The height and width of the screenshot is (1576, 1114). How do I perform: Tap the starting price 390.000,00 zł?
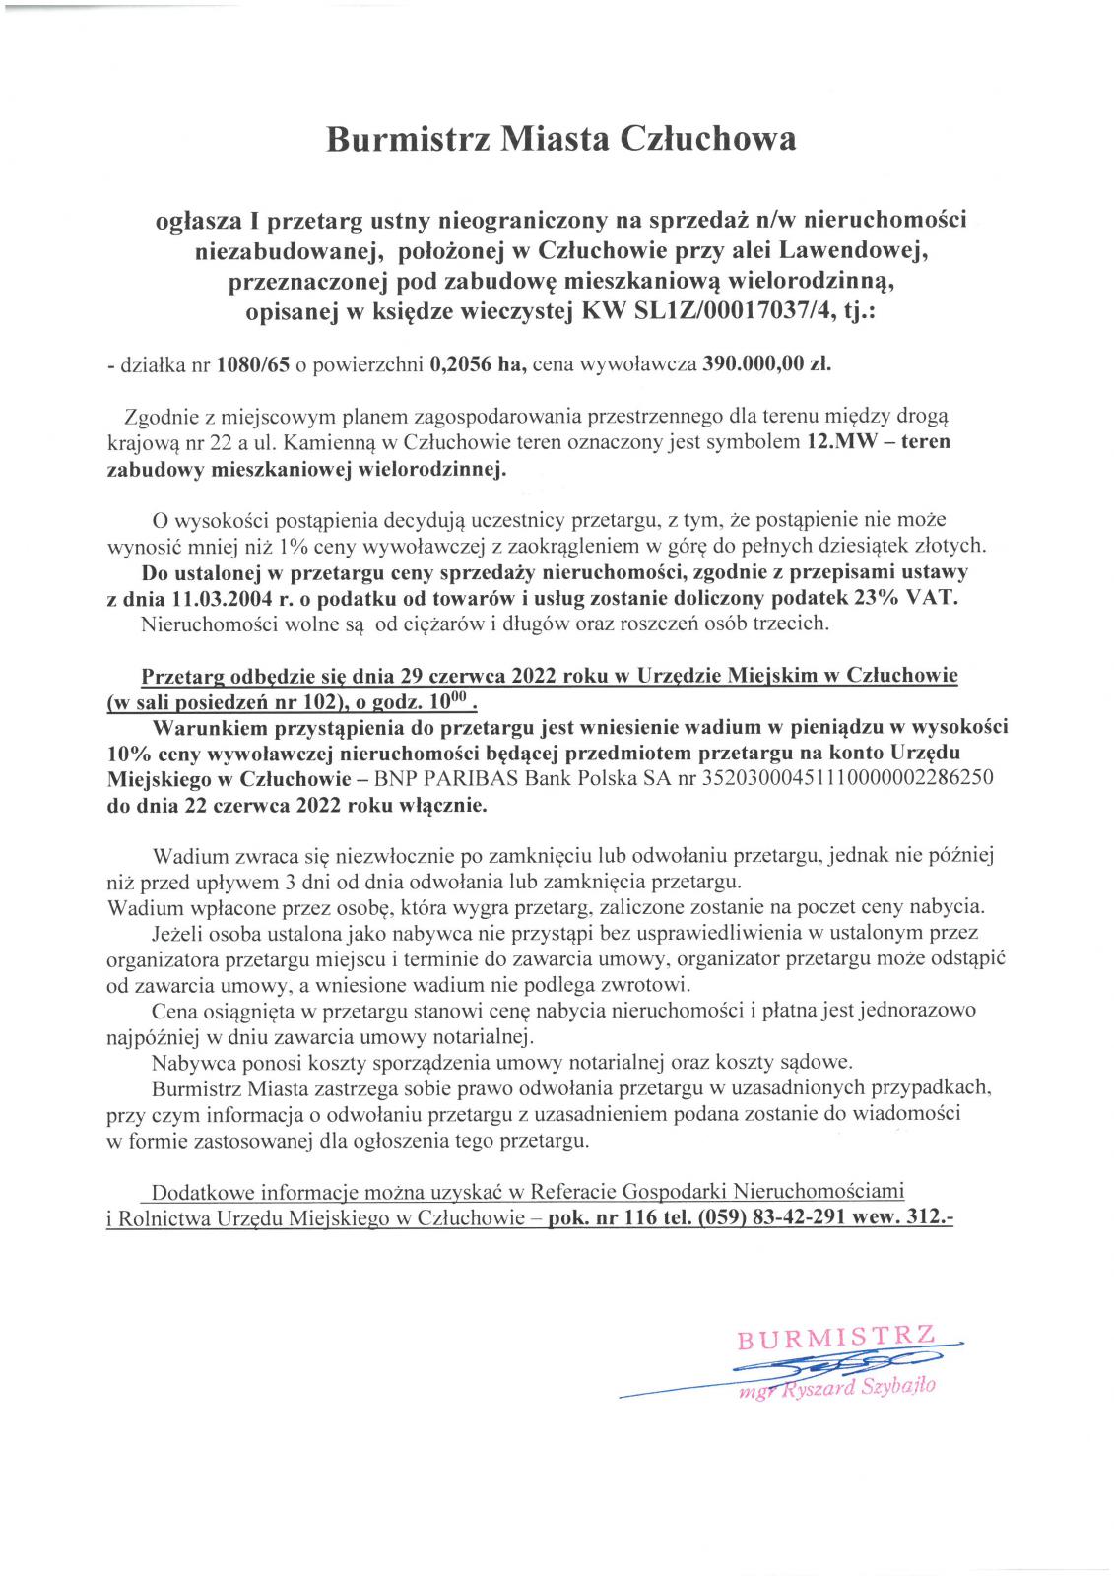(x=766, y=365)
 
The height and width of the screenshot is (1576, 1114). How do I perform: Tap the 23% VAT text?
(x=907, y=599)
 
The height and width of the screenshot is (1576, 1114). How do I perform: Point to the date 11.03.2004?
(x=216, y=599)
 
